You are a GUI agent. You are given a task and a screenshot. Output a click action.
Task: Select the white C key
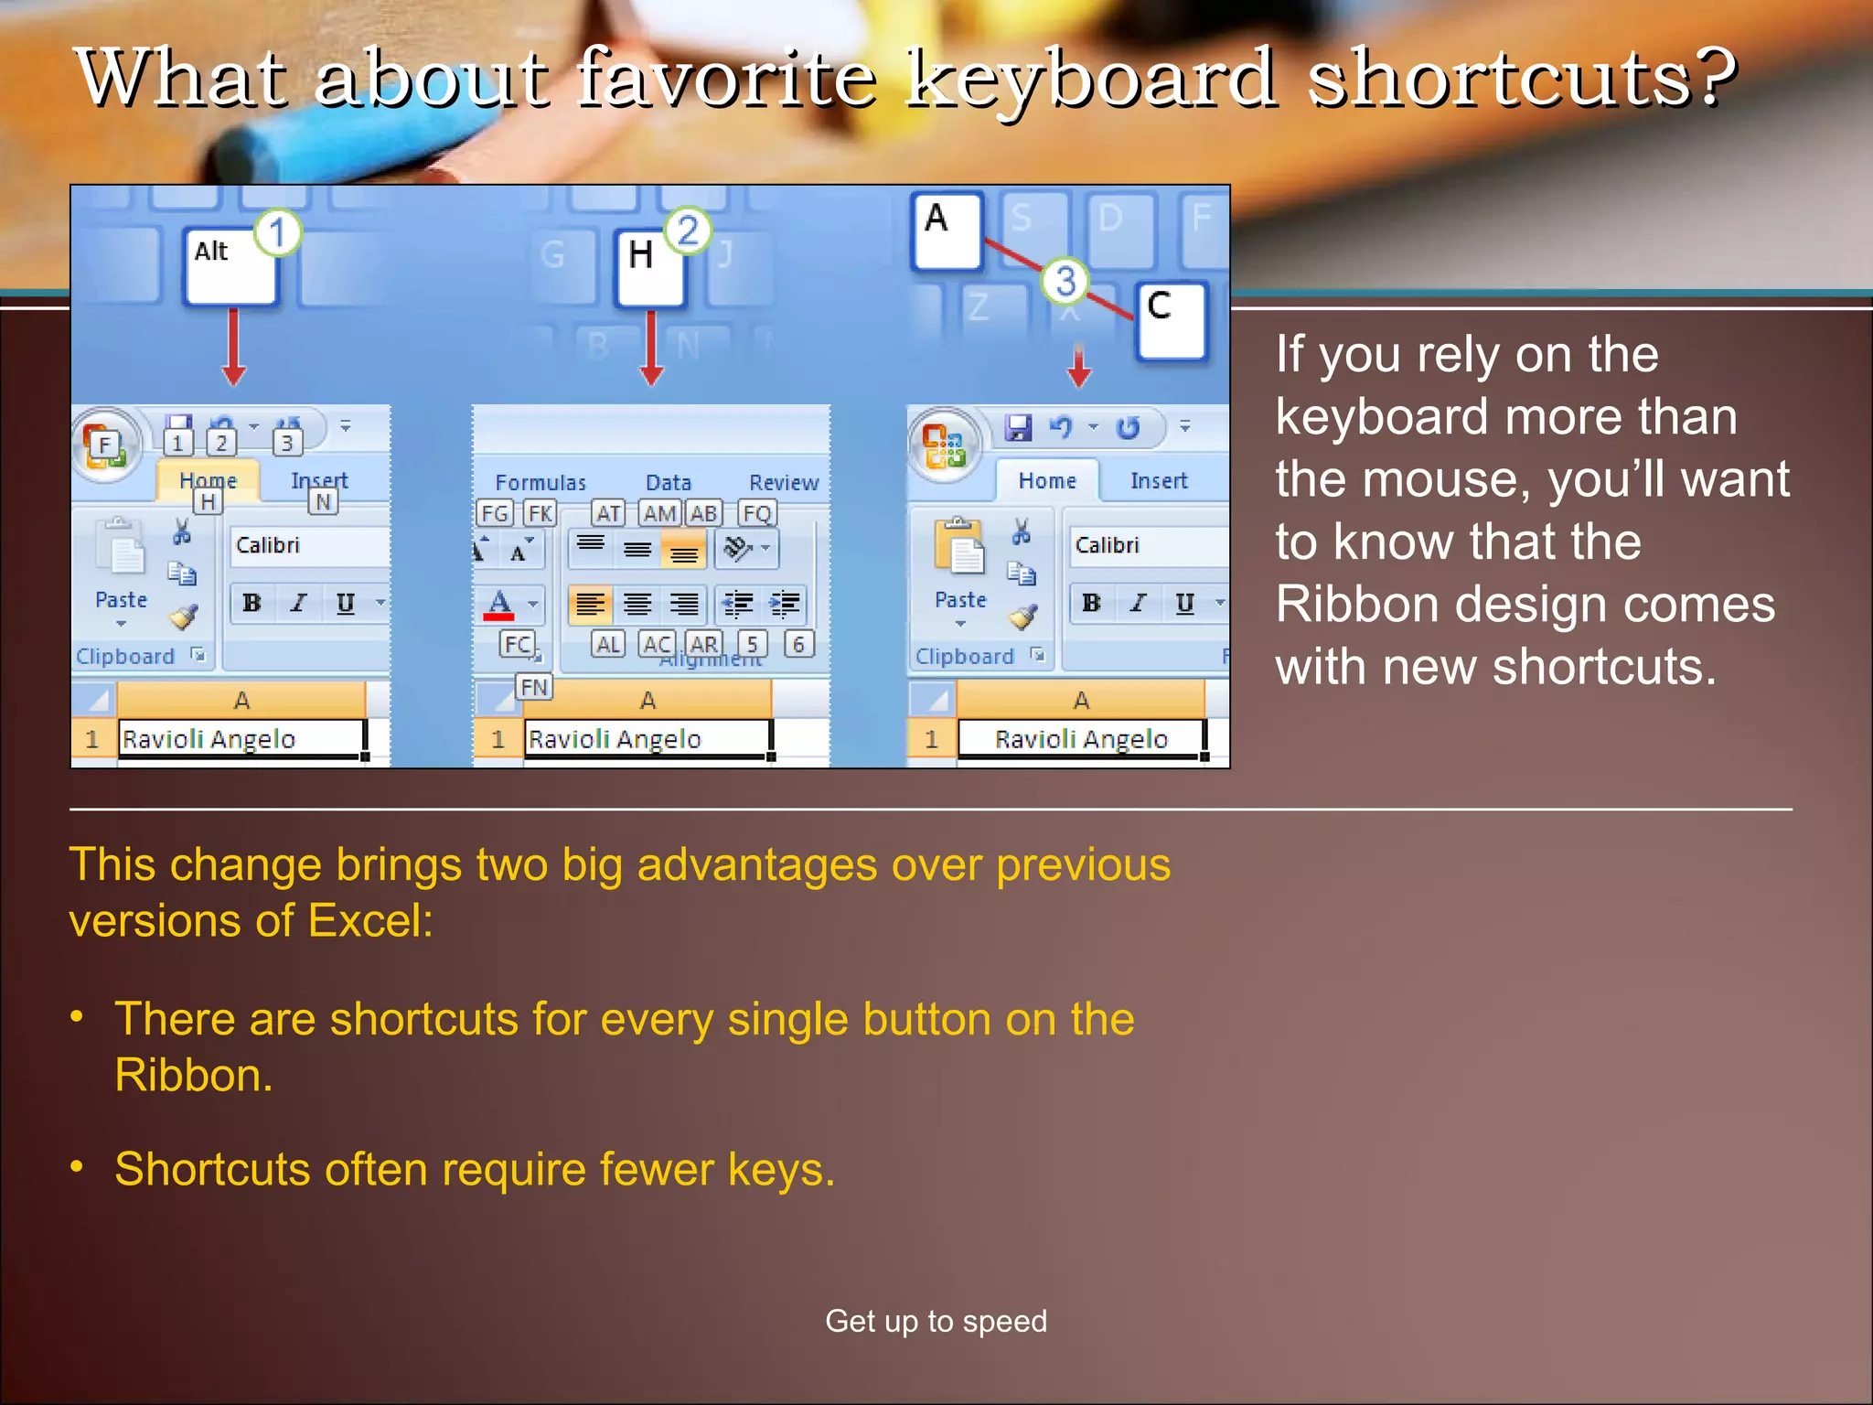click(x=1171, y=320)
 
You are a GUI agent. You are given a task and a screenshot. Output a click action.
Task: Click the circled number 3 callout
click(x=1065, y=281)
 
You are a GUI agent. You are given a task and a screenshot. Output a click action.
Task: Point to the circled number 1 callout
click(x=277, y=232)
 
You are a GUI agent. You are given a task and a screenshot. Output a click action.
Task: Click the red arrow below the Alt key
click(x=233, y=348)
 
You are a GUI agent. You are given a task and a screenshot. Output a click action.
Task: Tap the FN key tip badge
click(x=534, y=687)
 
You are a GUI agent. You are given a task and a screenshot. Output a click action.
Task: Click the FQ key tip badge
click(x=757, y=514)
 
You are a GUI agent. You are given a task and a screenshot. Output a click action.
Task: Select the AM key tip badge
click(x=659, y=514)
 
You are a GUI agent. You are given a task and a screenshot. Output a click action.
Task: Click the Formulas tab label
click(x=540, y=482)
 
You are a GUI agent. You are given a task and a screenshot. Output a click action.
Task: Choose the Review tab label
click(x=784, y=482)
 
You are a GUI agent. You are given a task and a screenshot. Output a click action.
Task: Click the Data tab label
click(x=669, y=482)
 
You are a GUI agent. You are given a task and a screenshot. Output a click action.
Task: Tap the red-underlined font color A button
click(x=499, y=605)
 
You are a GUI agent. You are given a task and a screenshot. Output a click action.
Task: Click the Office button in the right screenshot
click(x=944, y=445)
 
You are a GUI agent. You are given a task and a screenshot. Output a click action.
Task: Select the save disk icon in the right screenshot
click(x=1017, y=428)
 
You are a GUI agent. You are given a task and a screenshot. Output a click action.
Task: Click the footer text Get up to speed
click(x=936, y=1321)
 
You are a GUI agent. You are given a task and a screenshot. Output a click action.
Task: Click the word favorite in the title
click(x=728, y=79)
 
